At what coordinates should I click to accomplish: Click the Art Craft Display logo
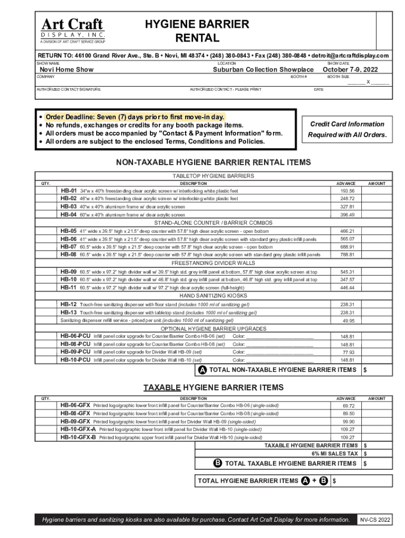73,29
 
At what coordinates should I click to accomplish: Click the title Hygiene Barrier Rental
197,32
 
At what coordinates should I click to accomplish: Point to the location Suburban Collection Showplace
263,70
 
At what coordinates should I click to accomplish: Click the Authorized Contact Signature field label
68,90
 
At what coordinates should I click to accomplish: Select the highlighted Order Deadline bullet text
135,117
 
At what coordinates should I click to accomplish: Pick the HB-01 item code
68,191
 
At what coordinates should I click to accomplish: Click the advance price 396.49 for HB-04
347,215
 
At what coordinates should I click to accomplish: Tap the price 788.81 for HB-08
347,255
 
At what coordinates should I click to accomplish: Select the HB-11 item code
68,288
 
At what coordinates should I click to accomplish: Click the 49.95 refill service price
348,320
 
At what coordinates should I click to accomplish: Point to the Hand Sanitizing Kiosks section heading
213,296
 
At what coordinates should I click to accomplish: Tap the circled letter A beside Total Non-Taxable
202,370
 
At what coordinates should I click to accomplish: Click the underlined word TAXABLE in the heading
162,388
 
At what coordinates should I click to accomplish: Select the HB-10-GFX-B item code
78,437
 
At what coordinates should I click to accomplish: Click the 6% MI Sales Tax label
335,453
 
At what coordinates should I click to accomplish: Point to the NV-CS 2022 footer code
374,520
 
